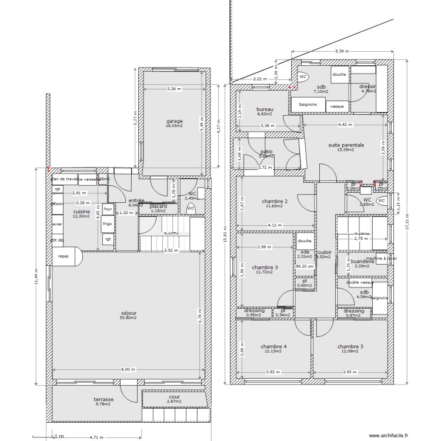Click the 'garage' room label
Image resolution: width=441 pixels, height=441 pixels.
(x=175, y=121)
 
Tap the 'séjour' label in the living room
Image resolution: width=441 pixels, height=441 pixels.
(x=128, y=313)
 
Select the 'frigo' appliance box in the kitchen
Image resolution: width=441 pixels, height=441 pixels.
(x=108, y=224)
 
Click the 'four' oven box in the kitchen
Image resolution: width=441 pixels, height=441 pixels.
(x=108, y=209)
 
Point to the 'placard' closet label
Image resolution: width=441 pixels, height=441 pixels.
(x=158, y=206)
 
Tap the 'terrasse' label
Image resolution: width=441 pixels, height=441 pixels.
(x=103, y=399)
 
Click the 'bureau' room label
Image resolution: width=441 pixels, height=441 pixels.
(x=265, y=109)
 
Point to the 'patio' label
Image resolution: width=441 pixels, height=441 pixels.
(x=266, y=152)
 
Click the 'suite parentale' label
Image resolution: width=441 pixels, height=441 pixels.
(x=346, y=145)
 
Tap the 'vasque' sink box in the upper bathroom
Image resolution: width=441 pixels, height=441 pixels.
(x=337, y=106)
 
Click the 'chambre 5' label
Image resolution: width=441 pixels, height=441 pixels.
(x=350, y=346)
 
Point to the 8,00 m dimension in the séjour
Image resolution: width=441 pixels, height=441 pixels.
(x=128, y=370)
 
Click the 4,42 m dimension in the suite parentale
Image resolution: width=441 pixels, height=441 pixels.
(x=345, y=124)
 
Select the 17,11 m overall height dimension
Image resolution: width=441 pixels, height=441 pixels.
(x=407, y=222)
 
